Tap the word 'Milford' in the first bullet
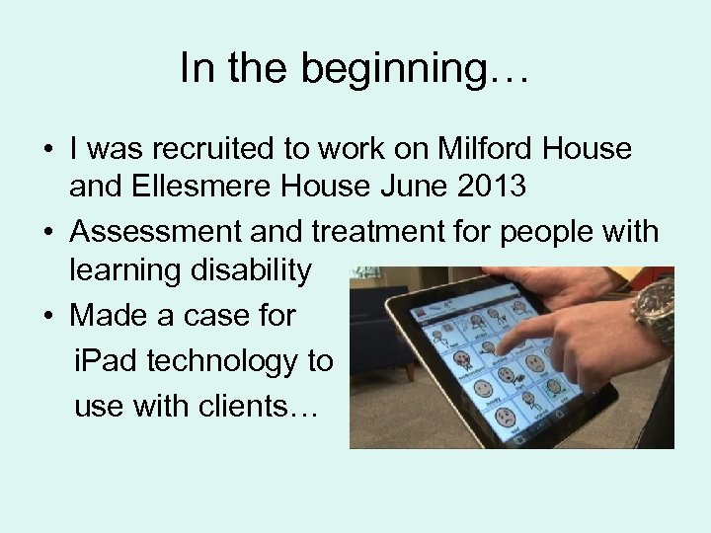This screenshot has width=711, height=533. point(480,149)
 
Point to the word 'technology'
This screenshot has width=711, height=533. point(240,361)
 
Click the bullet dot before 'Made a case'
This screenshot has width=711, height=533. point(47,316)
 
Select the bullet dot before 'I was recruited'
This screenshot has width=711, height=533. point(47,150)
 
